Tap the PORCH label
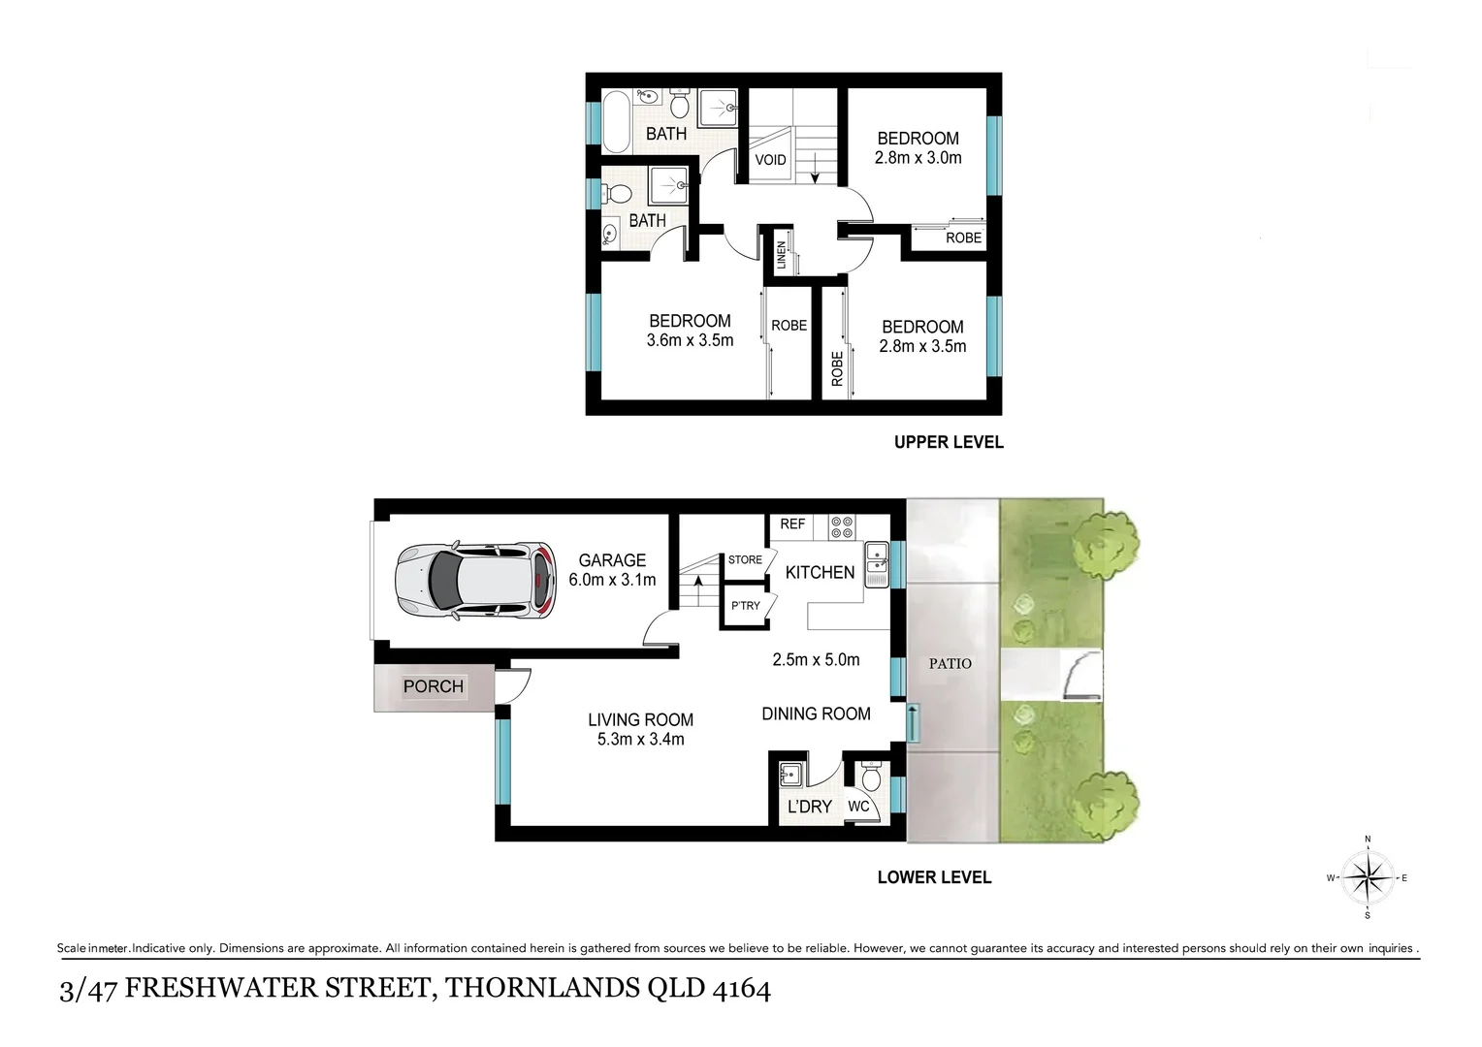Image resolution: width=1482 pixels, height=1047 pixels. (433, 686)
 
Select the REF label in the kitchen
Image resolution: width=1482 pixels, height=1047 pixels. (792, 523)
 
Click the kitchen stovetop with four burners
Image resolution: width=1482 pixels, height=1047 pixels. (842, 526)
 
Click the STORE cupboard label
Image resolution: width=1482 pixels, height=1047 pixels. (745, 559)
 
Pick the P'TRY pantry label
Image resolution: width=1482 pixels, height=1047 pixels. (745, 606)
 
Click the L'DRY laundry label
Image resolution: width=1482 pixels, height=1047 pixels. (809, 807)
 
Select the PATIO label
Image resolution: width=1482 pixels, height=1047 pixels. (950, 663)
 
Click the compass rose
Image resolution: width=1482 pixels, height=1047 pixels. (1368, 877)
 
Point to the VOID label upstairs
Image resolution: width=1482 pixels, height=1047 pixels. (770, 160)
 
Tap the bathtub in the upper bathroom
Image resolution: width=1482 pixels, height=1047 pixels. (615, 120)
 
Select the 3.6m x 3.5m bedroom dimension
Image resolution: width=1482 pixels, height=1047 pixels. (690, 340)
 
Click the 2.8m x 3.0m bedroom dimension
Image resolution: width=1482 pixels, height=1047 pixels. (918, 158)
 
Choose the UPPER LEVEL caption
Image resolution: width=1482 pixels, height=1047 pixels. (948, 442)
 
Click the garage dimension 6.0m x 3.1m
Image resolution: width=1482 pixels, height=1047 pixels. (612, 580)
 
